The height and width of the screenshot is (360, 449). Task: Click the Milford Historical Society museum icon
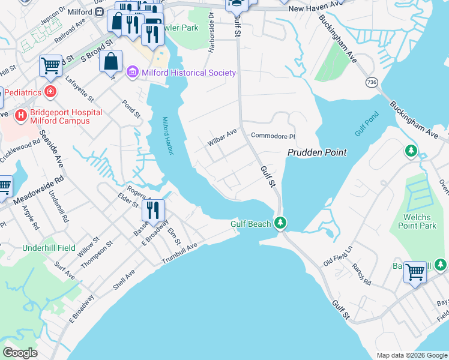(133, 73)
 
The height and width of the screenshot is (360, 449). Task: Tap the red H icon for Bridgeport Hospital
(21, 114)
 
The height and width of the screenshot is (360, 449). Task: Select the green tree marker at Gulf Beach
(280, 224)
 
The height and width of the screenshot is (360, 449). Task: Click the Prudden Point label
(316, 152)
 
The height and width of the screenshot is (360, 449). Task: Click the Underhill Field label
(49, 247)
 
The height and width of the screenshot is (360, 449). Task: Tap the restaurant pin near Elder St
(152, 210)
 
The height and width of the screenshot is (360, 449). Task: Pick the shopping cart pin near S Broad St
(51, 65)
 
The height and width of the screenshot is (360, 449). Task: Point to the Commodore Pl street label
(273, 136)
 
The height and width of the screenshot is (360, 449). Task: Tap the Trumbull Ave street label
(179, 255)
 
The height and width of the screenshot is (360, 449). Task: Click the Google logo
(20, 353)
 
